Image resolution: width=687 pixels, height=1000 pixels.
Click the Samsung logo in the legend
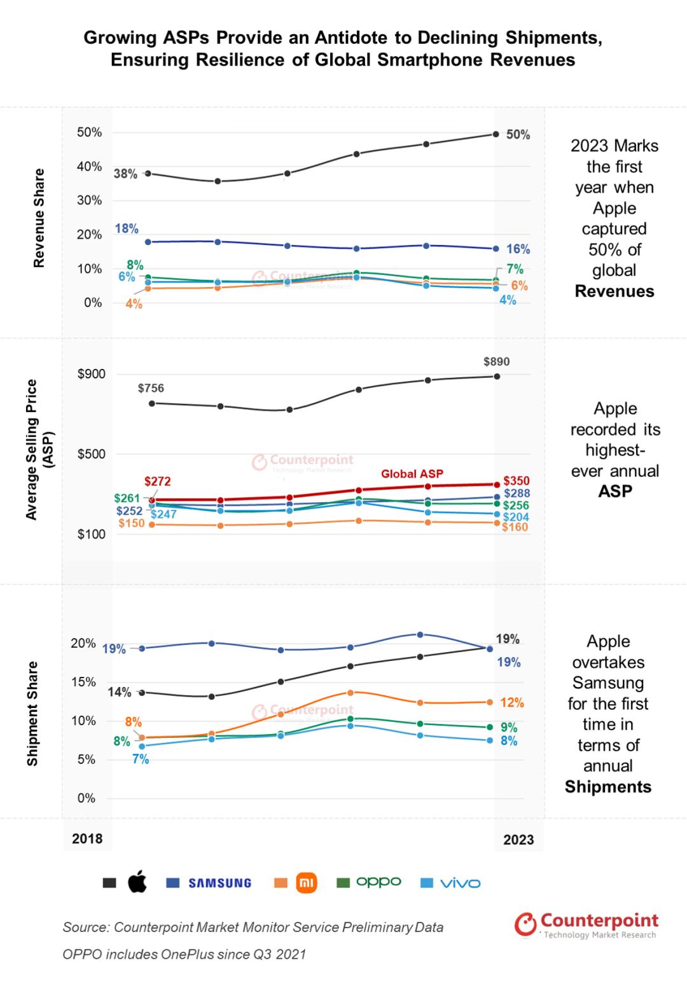219,883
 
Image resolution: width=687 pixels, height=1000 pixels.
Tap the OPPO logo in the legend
378,882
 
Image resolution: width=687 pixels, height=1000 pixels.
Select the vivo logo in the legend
460,883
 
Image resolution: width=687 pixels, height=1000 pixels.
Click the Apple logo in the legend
137,882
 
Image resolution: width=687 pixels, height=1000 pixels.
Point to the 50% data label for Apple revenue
518,135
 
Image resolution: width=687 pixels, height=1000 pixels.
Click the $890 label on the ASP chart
496,361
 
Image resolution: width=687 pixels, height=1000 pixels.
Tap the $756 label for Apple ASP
151,388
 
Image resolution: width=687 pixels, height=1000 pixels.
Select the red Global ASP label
412,473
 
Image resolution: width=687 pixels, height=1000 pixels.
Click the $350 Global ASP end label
516,481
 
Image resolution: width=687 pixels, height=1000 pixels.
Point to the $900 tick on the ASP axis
92,374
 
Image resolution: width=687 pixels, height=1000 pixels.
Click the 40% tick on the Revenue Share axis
89,167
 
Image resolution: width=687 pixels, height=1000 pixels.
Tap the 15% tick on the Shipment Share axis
83,682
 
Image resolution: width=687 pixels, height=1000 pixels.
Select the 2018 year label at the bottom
87,838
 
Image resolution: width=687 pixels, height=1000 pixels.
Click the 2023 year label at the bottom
518,840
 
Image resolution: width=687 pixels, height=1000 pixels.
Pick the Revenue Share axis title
39,218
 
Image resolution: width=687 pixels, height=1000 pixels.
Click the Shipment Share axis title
33,714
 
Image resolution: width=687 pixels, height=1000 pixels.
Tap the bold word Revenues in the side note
614,291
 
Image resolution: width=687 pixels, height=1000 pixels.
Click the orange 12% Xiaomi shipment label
512,702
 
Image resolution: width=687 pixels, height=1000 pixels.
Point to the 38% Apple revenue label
125,174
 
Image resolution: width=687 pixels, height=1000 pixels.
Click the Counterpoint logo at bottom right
586,925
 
